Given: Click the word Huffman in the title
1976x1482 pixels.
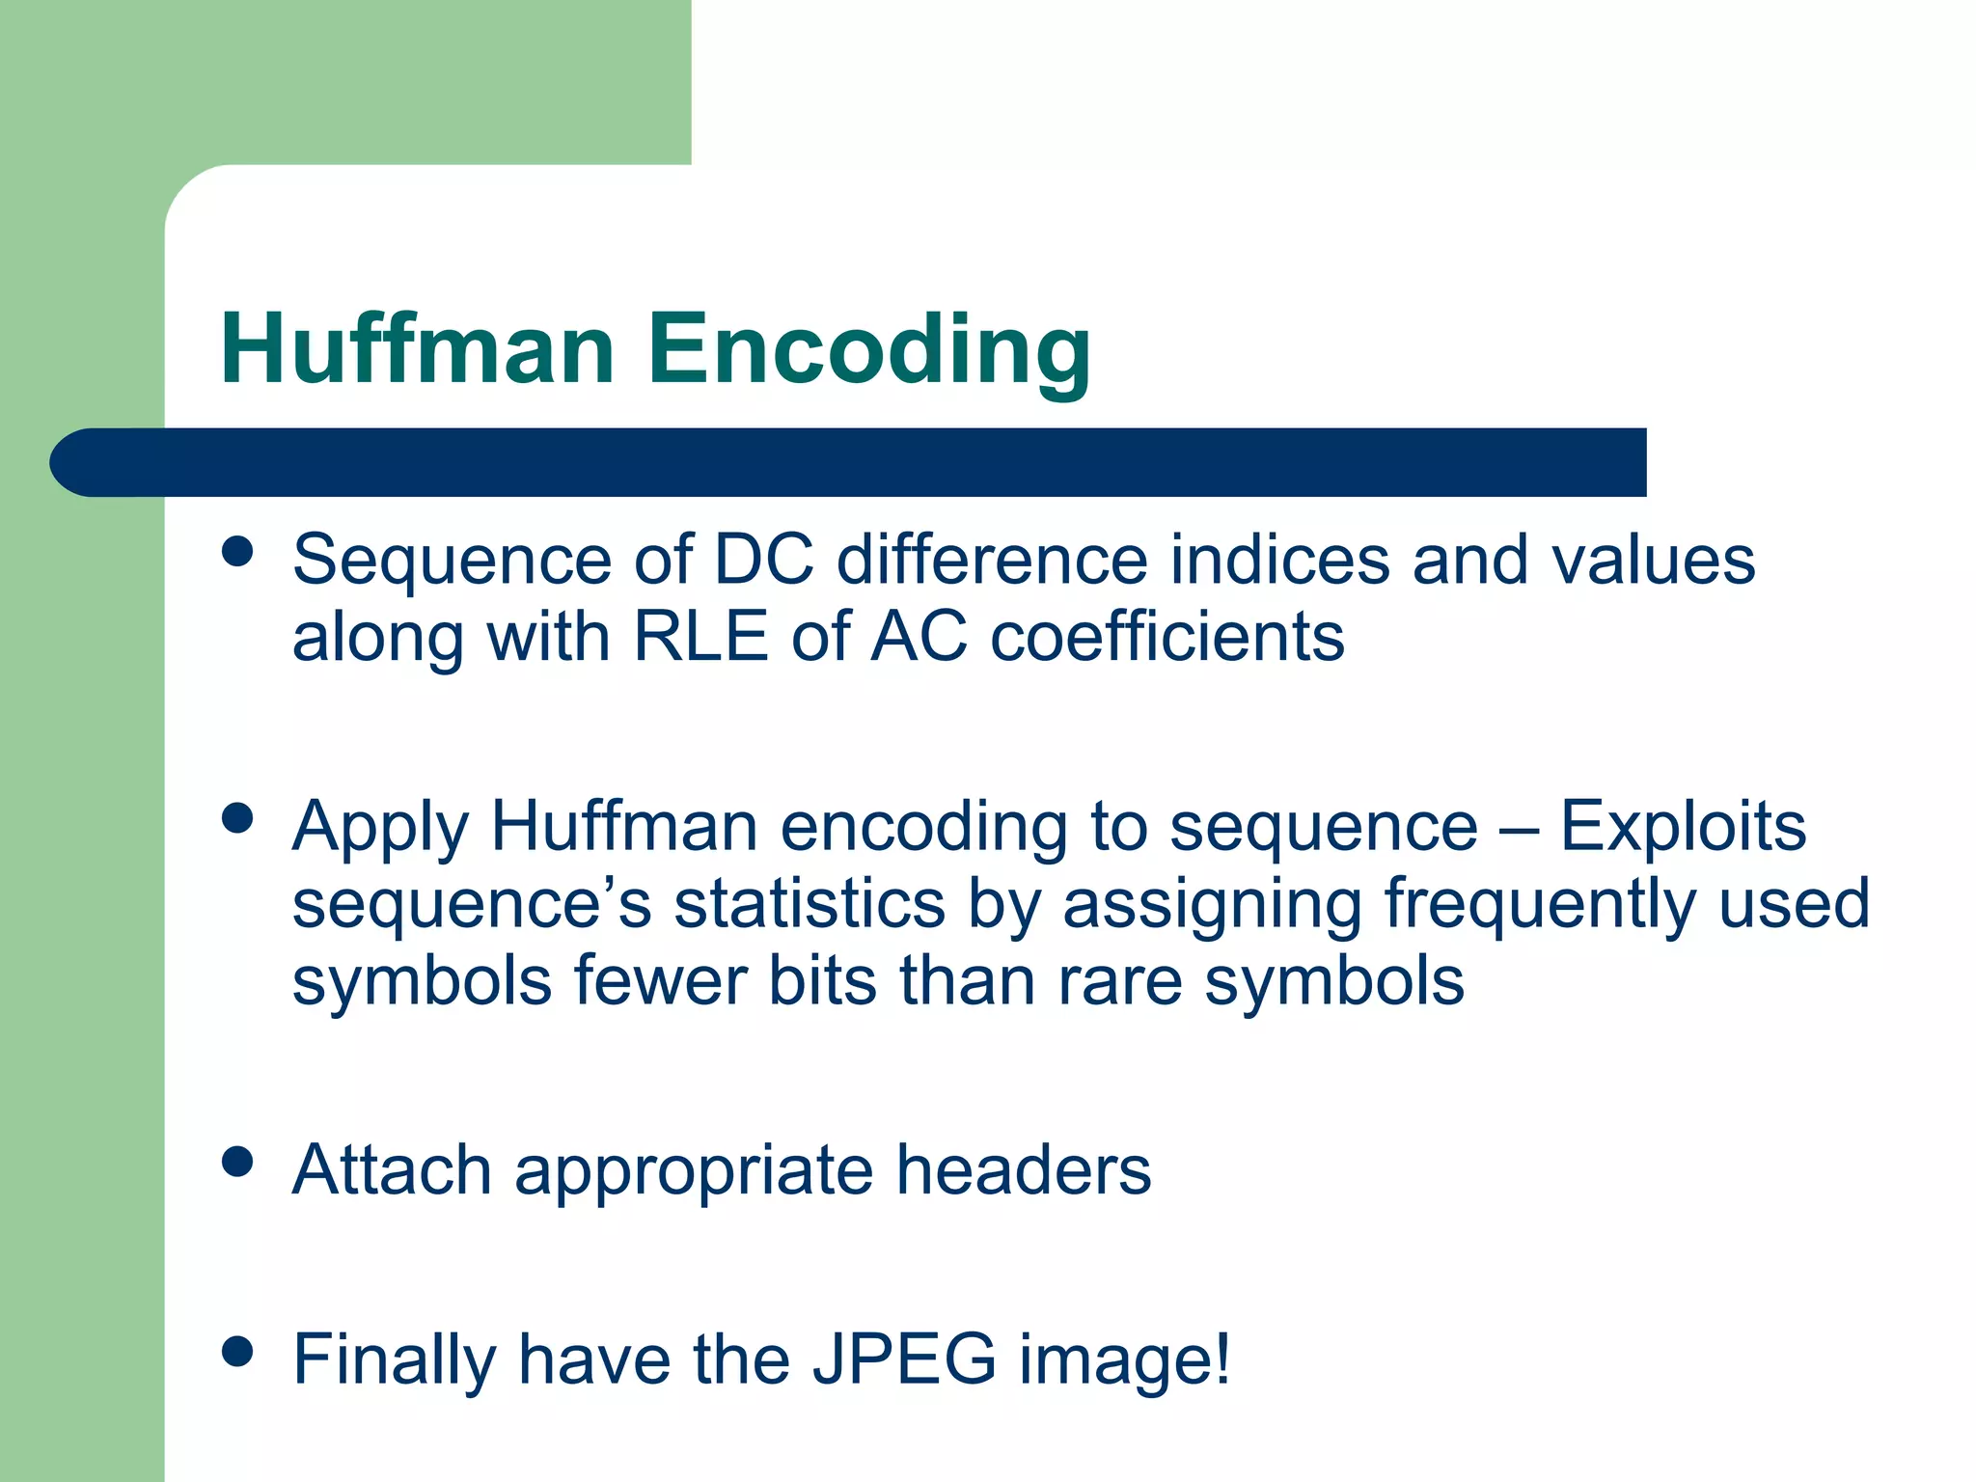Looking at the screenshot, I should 417,349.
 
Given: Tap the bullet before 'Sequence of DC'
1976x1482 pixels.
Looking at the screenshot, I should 236,553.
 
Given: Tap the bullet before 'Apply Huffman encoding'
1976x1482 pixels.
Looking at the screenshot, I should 236,819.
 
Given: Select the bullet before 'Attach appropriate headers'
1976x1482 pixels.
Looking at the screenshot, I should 236,1162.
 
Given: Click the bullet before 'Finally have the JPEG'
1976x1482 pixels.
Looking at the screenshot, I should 236,1352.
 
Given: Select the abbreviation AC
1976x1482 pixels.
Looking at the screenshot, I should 919,637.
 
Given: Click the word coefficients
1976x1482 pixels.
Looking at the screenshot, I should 1167,637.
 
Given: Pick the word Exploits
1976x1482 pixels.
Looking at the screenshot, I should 1683,827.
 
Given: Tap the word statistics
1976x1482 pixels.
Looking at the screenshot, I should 809,904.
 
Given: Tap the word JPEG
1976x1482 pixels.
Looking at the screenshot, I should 904,1359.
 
